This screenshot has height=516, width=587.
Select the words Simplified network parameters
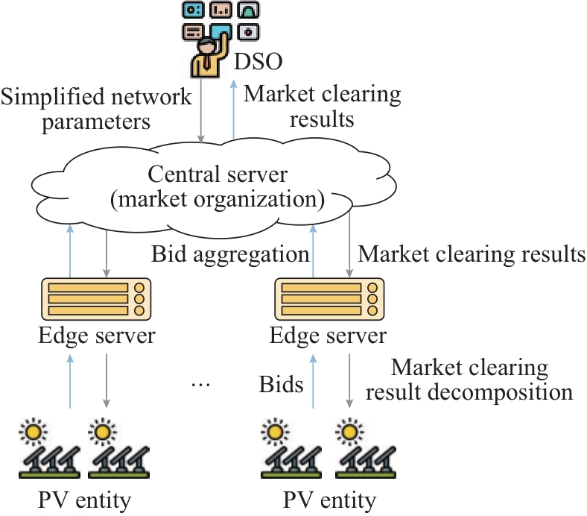tap(96, 108)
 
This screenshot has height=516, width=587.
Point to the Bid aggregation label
tap(230, 255)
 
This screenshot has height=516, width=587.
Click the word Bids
tap(282, 384)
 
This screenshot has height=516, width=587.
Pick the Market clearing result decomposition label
tap(482, 380)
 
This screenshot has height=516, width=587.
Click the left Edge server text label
tap(97, 336)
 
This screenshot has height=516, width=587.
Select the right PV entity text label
tap(329, 497)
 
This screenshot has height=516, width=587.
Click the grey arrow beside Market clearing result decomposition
tap(349, 381)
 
